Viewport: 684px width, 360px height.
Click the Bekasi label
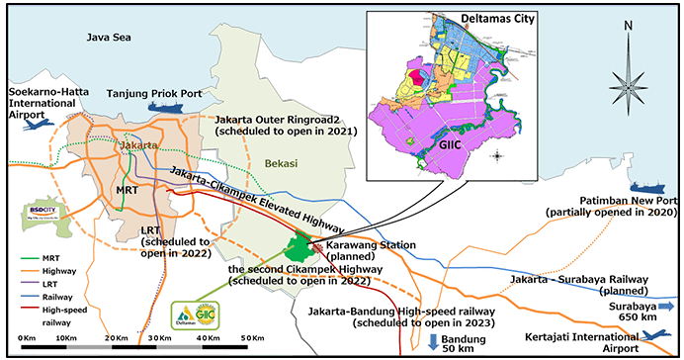tap(282, 163)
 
